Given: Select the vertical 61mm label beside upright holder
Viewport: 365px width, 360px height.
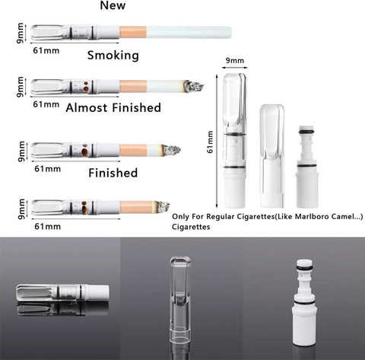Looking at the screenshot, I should (211, 140).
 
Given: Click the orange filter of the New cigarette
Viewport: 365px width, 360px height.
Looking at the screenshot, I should (136, 33).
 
